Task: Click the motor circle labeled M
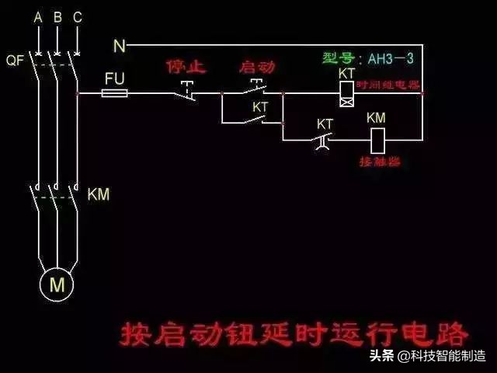point(57,285)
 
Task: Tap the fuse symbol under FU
point(116,93)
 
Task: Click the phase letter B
point(57,16)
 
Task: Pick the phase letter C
point(76,16)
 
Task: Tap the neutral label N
point(120,47)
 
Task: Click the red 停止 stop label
point(186,67)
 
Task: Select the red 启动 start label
point(257,67)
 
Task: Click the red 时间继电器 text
point(388,83)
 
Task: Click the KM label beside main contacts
point(99,193)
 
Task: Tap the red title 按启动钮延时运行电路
point(294,333)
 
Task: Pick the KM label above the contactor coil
point(376,118)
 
